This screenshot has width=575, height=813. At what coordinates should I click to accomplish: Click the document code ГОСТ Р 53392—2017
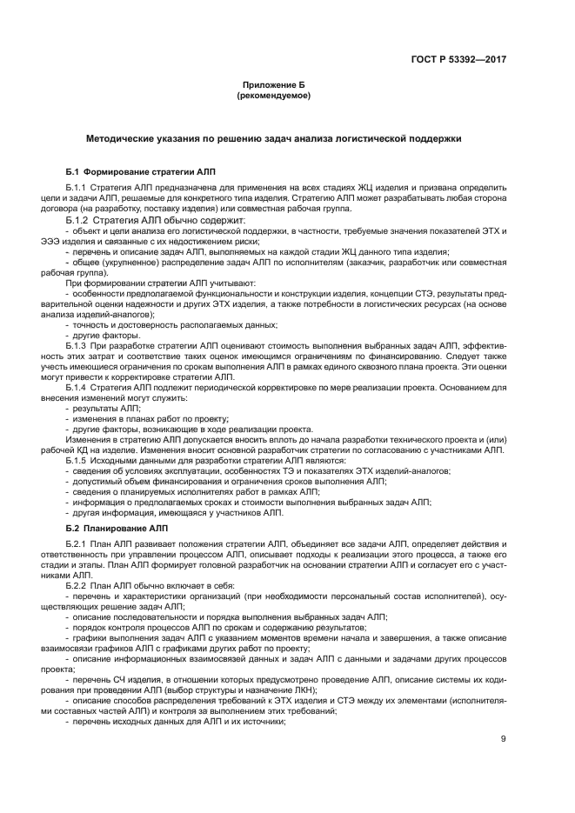point(459,61)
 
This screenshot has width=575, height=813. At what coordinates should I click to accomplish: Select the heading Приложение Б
point(273,84)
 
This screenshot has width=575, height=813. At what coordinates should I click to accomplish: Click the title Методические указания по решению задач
point(273,138)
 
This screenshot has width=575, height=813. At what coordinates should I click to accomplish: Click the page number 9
point(504,740)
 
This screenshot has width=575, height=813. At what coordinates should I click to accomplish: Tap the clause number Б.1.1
point(77,188)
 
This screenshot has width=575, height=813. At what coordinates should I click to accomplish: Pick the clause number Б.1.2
point(77,220)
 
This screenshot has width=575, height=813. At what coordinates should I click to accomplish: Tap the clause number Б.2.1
point(77,544)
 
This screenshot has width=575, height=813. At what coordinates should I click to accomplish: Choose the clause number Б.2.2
point(77,586)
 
